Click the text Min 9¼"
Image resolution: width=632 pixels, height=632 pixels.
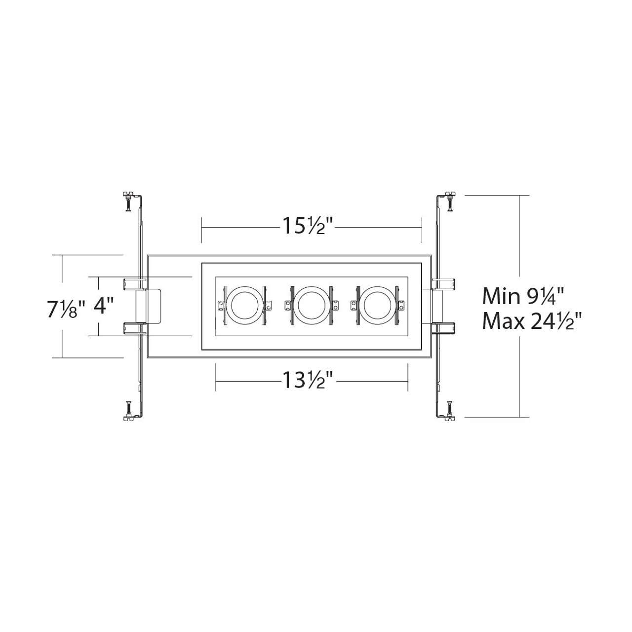coord(523,296)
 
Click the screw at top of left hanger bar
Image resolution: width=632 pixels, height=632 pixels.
coord(127,201)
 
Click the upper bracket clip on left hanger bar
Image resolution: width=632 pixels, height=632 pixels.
coord(133,283)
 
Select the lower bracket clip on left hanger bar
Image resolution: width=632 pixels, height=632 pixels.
coord(133,328)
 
